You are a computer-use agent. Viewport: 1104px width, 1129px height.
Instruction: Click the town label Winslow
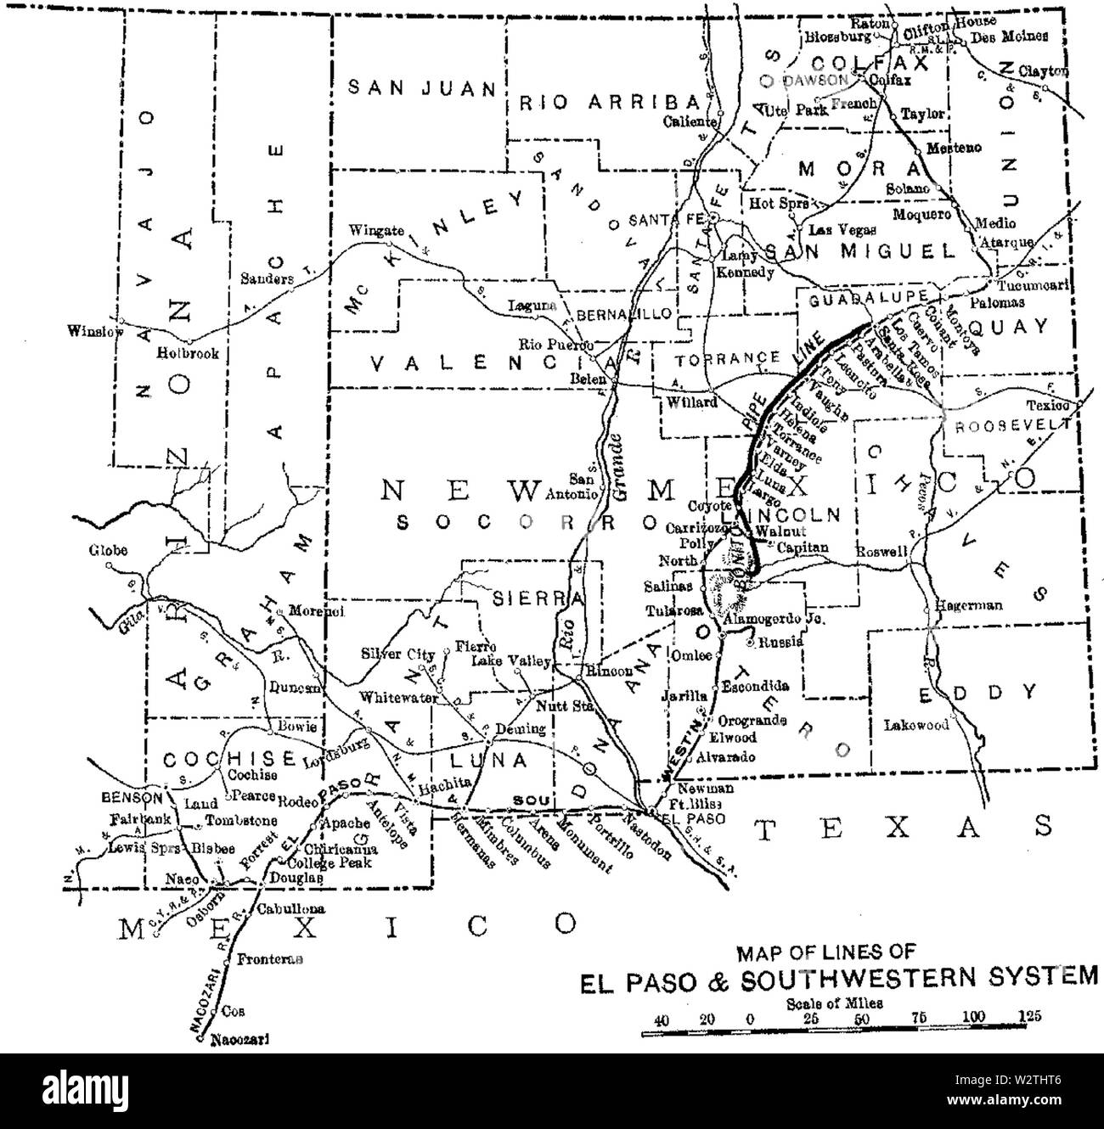92,332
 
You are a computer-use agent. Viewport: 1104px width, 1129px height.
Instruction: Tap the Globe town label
108,550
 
